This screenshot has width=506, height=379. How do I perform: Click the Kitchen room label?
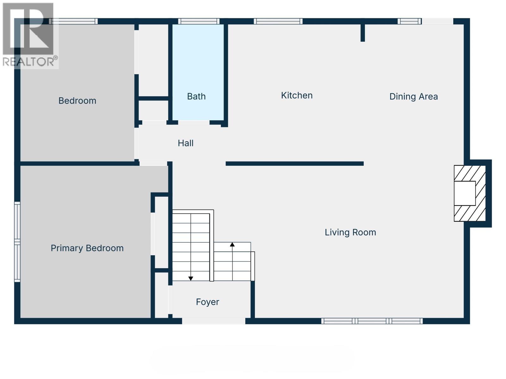point(297,95)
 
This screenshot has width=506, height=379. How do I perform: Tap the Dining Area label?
point(413,96)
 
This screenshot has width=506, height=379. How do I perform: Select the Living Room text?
point(350,232)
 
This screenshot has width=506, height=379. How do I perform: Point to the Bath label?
point(196,96)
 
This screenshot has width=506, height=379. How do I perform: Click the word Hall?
point(185,143)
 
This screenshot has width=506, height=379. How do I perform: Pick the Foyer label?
point(207,302)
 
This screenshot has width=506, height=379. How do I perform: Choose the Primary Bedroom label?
point(87,248)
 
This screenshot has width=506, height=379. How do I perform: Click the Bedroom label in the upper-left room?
point(77,101)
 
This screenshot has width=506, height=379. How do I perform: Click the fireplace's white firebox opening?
point(465,193)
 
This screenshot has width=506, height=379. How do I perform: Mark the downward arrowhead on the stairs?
point(191,278)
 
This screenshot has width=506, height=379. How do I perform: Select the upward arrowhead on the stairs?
point(232,244)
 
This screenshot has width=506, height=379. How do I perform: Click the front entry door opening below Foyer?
point(213,321)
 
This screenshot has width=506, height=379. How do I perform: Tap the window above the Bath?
point(199,21)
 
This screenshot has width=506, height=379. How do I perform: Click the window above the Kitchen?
point(278,21)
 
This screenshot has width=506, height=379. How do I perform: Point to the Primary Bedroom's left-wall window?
point(17,242)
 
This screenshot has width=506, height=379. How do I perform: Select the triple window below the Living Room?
point(372,321)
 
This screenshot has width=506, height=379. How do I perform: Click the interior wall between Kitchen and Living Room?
point(294,164)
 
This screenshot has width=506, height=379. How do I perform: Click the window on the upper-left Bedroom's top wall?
point(73,21)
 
